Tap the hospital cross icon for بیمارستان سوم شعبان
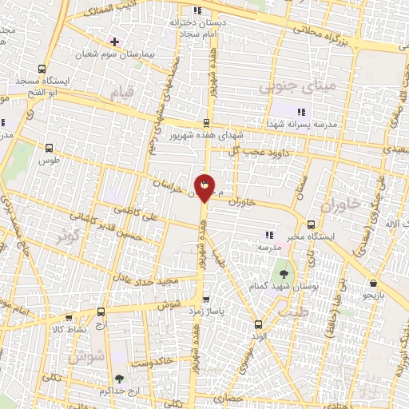coord(115,41)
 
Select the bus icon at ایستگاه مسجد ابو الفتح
coord(43,68)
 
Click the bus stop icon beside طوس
coord(50,148)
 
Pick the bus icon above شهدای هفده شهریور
coord(206,122)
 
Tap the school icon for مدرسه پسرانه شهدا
coord(300,112)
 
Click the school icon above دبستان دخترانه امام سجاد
coord(197,9)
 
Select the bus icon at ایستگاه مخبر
coord(311,225)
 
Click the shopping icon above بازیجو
coord(372,284)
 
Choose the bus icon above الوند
coord(257,324)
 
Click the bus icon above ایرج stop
coord(101,312)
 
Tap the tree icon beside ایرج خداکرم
coord(119,380)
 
